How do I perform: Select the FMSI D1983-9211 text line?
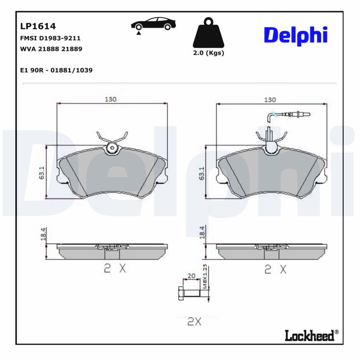point(50,38)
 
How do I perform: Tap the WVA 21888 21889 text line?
point(51,49)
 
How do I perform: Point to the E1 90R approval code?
point(57,71)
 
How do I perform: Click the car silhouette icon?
point(153,25)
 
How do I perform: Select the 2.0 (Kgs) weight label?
point(208,53)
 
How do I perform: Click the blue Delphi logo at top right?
point(295,35)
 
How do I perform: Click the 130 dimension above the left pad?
point(111,99)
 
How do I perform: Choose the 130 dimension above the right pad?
point(270,99)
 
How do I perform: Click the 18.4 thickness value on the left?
point(43,235)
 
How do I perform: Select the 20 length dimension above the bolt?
point(191,276)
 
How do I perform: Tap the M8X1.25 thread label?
point(205,276)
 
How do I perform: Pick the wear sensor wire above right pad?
point(288,116)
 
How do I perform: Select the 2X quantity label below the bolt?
point(193,321)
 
